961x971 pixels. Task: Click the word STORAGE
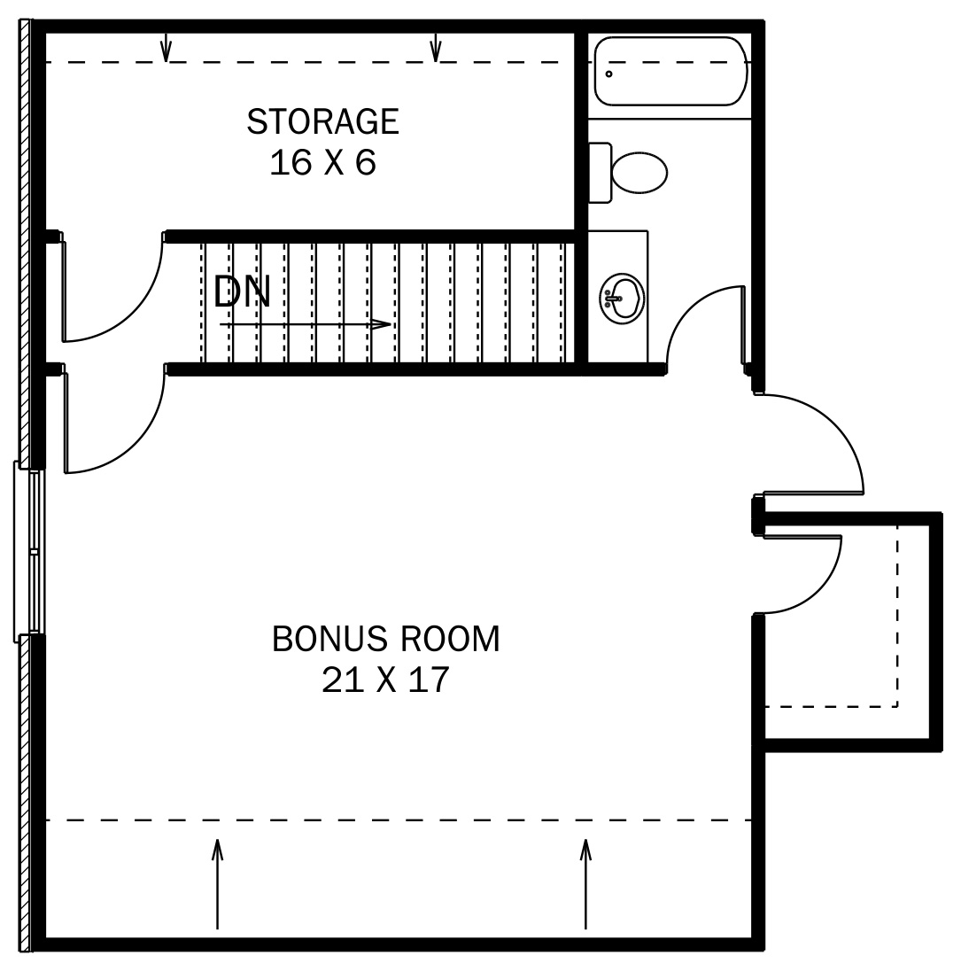coord(322,122)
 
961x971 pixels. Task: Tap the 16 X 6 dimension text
coord(322,163)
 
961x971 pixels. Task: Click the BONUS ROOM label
coord(385,639)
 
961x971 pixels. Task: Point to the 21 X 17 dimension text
coord(385,680)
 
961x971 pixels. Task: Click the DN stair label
coord(241,291)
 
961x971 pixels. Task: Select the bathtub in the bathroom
coord(670,71)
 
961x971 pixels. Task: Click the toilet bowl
coord(639,172)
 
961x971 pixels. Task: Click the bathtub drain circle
coord(608,74)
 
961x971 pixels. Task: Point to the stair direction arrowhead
coord(383,324)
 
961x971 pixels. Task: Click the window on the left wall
coord(30,550)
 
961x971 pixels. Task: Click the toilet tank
coord(600,172)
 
